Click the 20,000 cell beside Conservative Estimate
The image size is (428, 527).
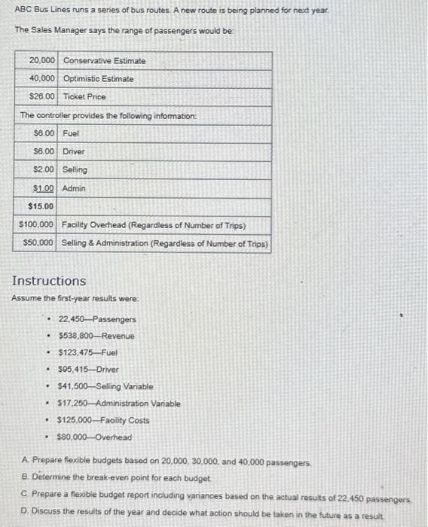point(41,60)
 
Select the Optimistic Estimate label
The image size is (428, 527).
point(99,78)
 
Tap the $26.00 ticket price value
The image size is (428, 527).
point(41,96)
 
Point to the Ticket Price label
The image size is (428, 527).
point(84,96)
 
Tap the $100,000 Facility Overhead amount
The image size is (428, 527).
point(36,224)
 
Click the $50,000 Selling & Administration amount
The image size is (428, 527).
point(38,242)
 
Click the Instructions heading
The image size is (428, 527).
point(49,281)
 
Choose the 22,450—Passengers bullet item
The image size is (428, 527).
point(87,319)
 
